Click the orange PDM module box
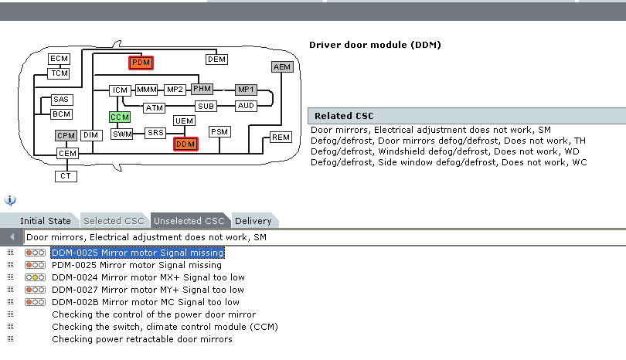(x=141, y=63)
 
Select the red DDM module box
(x=185, y=144)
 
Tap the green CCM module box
(x=120, y=117)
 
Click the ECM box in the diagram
(x=60, y=59)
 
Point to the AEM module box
(x=283, y=67)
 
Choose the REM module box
(x=281, y=138)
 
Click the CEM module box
(x=68, y=154)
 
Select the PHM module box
(x=202, y=89)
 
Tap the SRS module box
(x=155, y=133)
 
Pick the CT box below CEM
(x=66, y=176)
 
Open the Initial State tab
(x=45, y=221)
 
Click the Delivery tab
(x=253, y=221)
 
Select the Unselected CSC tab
(x=189, y=221)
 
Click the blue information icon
(x=10, y=200)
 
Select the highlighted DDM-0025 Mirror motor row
(x=137, y=253)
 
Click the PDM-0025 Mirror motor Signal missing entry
(x=137, y=265)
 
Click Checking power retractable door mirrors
(x=141, y=339)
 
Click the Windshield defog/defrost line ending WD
(x=444, y=151)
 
